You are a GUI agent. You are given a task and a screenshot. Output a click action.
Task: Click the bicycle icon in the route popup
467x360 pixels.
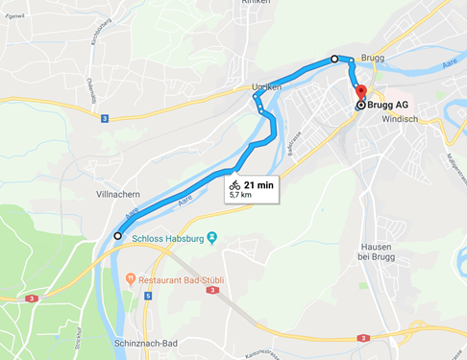234,184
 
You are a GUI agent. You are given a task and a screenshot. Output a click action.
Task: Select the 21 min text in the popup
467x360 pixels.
258,184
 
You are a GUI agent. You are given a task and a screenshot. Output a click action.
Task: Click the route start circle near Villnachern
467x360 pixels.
117,235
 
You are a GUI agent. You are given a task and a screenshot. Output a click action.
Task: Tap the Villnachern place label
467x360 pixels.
118,192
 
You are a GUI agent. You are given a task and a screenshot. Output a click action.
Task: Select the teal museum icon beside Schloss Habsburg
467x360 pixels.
212,236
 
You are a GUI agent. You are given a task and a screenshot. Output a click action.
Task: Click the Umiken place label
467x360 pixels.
265,87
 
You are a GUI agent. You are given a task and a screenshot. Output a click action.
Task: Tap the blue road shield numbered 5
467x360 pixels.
149,296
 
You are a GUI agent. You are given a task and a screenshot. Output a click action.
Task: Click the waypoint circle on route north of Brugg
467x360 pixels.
334,60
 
